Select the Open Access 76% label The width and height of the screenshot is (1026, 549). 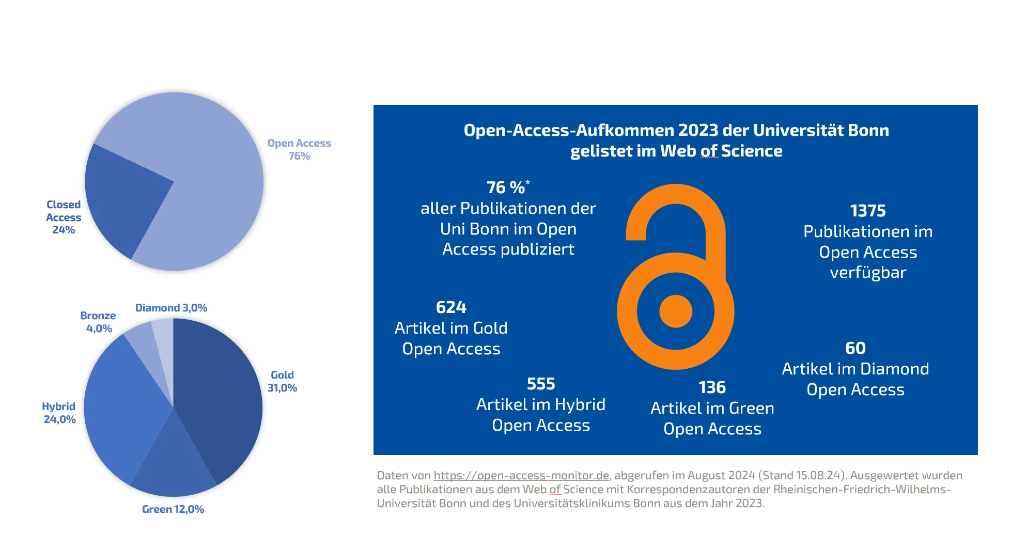click(x=299, y=149)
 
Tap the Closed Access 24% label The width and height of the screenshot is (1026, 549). click(x=64, y=217)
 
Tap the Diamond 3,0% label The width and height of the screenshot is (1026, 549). click(x=171, y=308)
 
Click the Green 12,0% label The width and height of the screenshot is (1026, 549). click(x=173, y=509)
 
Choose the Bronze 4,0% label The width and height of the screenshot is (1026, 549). click(x=98, y=322)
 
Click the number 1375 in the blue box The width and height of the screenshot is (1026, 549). click(x=867, y=211)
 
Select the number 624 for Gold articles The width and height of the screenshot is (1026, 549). click(x=451, y=307)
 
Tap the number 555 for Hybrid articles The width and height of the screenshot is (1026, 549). click(x=540, y=384)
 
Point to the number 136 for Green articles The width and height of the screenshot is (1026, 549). click(x=712, y=387)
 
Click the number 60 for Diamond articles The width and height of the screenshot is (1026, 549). click(x=855, y=348)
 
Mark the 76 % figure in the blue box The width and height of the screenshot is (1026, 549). click(x=506, y=187)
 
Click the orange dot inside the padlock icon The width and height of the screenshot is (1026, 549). click(x=675, y=311)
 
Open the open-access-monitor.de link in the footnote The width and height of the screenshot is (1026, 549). click(x=521, y=475)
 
